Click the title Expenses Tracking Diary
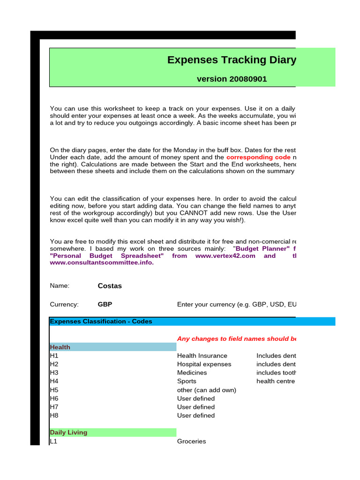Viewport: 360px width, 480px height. coord(232,60)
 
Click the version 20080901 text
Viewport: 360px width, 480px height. coord(232,79)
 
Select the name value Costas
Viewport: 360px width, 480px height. coord(110,286)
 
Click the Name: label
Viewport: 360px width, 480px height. coord(60,286)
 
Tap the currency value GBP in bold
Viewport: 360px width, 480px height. coord(105,304)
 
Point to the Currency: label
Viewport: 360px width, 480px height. coord(64,304)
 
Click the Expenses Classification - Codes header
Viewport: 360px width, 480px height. coord(101,322)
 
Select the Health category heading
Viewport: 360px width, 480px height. coord(60,347)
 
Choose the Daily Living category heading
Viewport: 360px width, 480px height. coord(68,432)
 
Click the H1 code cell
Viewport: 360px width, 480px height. coord(54,356)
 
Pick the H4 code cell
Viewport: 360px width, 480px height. coord(54,381)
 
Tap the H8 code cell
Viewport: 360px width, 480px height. coord(54,415)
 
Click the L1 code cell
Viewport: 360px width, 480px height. coord(53,442)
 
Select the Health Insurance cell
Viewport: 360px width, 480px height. coord(202,356)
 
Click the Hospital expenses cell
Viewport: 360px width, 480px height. coord(204,364)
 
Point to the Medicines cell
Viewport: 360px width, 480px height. coord(192,373)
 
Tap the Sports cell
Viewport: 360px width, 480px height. coord(187,381)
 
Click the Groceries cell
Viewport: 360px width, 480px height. coord(191,442)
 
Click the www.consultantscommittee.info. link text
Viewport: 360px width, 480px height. coord(102,262)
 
